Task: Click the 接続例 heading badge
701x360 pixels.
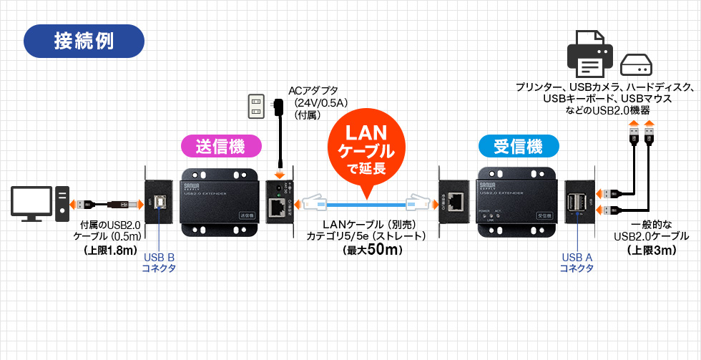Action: tap(84, 42)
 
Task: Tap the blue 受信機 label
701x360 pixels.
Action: tap(518, 147)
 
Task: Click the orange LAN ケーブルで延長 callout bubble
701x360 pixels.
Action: tap(366, 150)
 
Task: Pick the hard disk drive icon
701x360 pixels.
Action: tap(636, 67)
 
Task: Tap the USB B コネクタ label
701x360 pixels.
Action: tap(159, 263)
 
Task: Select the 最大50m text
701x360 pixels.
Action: tap(366, 250)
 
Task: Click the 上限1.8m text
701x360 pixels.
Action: tap(110, 250)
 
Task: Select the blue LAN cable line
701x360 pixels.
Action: tap(366, 203)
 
